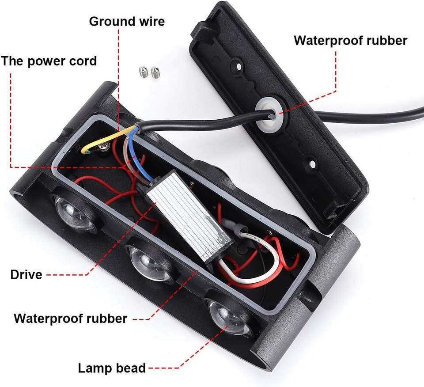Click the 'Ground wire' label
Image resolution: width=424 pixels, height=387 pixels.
click(127, 21)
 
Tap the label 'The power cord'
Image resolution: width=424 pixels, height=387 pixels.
click(49, 61)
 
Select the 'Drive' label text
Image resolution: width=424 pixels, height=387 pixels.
click(26, 274)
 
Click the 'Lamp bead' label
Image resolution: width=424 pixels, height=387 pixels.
click(112, 368)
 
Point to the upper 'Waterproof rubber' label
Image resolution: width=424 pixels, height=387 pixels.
click(350, 40)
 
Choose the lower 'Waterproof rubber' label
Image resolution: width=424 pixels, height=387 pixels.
click(71, 318)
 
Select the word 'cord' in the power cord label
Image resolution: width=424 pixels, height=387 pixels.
click(80, 61)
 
